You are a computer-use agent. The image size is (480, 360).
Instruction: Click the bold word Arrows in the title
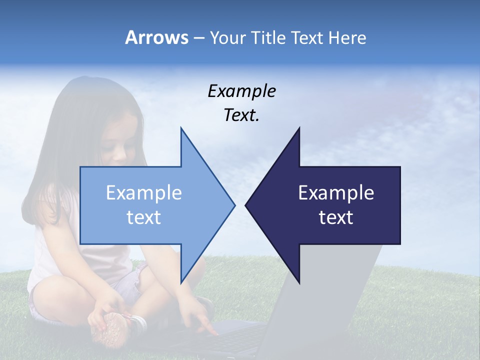(x=157, y=37)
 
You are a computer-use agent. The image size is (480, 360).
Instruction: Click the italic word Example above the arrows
(x=241, y=91)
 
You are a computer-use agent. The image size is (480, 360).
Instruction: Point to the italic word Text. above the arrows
(x=241, y=115)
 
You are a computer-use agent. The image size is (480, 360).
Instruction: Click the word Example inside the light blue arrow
(x=144, y=192)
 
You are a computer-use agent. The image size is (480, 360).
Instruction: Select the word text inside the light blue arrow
(x=144, y=217)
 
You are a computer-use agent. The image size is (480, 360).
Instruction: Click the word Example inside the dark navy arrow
(x=336, y=192)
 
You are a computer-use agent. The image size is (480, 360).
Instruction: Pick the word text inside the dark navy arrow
(x=336, y=217)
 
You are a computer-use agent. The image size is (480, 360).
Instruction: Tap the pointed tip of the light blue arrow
(x=234, y=205)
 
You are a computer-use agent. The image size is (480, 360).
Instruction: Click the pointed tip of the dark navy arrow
(x=246, y=205)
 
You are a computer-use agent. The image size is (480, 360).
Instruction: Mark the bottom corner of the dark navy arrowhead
(x=299, y=282)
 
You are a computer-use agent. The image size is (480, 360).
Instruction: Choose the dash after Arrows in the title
(x=198, y=38)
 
